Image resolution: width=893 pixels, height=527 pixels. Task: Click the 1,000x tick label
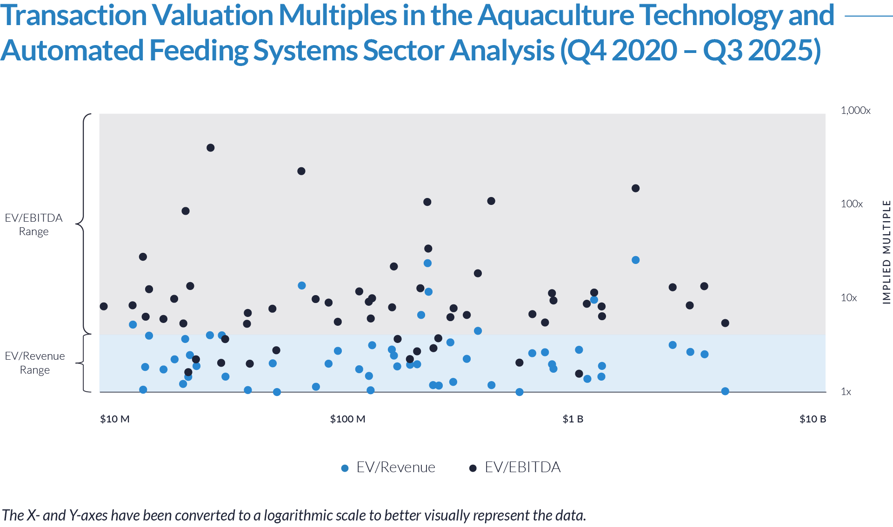(x=855, y=111)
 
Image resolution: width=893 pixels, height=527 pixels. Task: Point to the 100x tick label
(x=852, y=204)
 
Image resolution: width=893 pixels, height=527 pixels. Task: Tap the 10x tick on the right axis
(x=849, y=298)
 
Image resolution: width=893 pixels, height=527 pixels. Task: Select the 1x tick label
(x=846, y=392)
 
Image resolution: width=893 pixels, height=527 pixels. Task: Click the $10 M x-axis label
(x=115, y=419)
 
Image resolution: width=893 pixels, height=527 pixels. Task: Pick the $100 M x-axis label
(x=347, y=419)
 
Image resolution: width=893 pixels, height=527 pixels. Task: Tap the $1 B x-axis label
(x=573, y=419)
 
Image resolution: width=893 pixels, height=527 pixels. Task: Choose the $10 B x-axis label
(x=813, y=419)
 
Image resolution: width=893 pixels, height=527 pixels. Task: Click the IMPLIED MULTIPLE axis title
(x=887, y=252)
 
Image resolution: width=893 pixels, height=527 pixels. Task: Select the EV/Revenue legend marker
(x=345, y=468)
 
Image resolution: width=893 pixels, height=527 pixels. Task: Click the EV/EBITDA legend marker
(x=473, y=468)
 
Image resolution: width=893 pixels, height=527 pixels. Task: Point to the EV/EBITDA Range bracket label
(x=33, y=224)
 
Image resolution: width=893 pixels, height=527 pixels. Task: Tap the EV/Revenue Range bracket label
(x=35, y=363)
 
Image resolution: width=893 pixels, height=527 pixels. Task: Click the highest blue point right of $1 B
(x=636, y=260)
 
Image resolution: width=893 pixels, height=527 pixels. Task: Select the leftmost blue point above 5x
(x=133, y=324)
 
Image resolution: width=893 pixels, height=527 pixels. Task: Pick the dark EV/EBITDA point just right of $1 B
(x=579, y=374)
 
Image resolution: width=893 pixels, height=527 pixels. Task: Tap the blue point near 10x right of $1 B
(x=594, y=300)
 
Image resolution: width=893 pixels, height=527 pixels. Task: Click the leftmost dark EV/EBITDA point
(x=188, y=372)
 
